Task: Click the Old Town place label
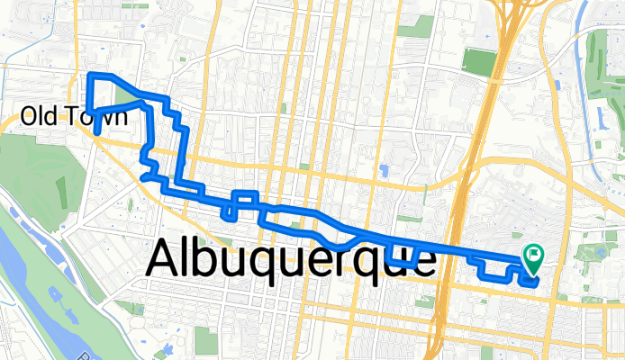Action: pos(66,115)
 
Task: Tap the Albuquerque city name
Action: pos(290,260)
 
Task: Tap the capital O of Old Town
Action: pos(29,115)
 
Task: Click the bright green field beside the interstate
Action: pos(479,61)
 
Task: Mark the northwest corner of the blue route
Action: pos(90,76)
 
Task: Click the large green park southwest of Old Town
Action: pos(36,180)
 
